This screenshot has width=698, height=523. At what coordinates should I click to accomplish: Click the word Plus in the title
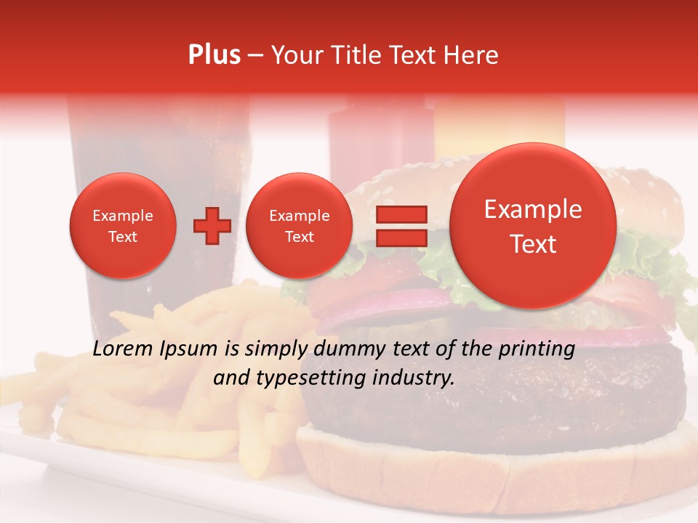(x=214, y=55)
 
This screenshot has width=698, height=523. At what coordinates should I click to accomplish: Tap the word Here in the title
(x=471, y=55)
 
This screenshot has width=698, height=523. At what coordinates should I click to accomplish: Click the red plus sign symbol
(x=212, y=226)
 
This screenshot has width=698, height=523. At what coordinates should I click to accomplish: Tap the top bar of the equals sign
(x=401, y=214)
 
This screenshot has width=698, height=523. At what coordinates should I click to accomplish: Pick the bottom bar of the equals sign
(x=401, y=238)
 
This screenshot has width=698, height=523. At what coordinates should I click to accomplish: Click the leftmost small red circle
(x=122, y=226)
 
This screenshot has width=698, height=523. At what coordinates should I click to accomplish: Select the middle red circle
(x=299, y=226)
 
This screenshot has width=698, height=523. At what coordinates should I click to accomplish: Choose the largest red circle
(x=533, y=226)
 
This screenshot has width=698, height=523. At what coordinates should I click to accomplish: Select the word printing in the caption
(x=537, y=349)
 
